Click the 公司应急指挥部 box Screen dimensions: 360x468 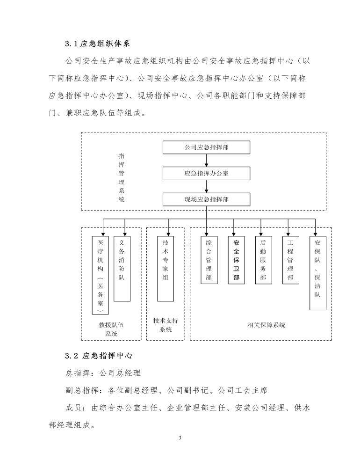click(206, 147)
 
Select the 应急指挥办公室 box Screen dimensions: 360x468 click(206, 174)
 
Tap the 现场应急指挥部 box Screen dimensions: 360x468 click(206, 199)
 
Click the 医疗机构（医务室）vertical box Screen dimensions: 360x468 click(100, 275)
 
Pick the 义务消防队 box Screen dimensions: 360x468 click(122, 269)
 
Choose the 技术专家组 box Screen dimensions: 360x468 click(166, 269)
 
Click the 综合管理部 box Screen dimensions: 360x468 click(209, 260)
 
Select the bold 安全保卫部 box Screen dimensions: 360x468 click(236, 260)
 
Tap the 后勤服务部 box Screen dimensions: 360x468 click(263, 260)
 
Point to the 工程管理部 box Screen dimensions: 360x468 click(290, 260)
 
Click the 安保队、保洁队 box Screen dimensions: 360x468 click(317, 273)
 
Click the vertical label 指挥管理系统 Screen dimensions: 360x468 click(122, 177)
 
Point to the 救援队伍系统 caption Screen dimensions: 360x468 click(111, 329)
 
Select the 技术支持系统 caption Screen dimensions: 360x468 click(166, 325)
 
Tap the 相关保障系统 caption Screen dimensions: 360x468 click(266, 325)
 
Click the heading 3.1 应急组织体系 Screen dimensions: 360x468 click(98, 44)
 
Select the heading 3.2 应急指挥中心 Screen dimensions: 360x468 click(99, 356)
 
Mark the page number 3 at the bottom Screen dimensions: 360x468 click(180, 438)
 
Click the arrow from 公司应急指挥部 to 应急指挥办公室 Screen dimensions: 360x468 click(206, 161)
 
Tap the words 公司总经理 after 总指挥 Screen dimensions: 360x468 click(120, 373)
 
